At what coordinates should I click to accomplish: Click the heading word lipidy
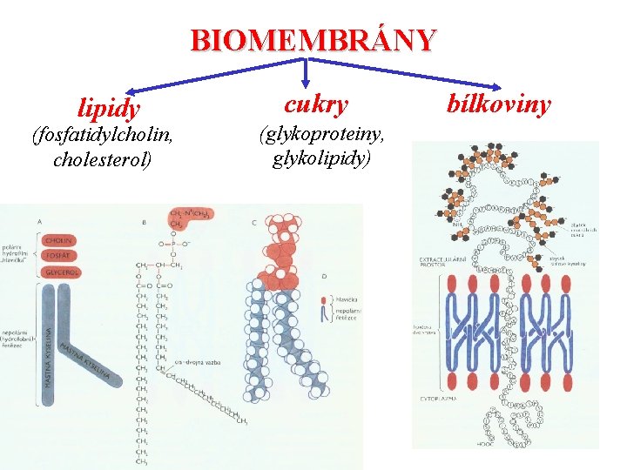click(108, 109)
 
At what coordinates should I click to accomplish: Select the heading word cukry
click(316, 104)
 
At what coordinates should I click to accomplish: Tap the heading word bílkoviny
click(499, 104)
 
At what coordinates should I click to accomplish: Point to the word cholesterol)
click(103, 160)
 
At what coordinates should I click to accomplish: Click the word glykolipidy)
click(321, 158)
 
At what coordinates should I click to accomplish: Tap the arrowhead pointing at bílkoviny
click(496, 87)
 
